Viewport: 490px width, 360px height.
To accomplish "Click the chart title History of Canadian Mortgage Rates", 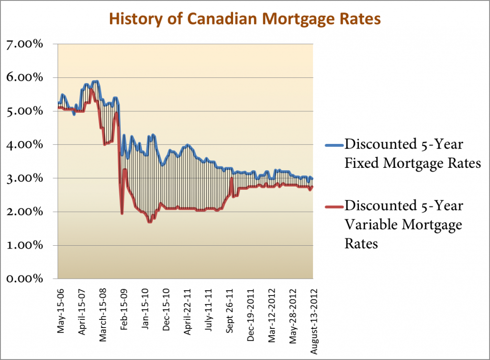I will tap(245, 19).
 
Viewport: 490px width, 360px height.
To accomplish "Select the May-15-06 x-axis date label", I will tap(60, 304).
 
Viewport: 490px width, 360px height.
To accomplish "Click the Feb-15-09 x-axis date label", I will tap(124, 304).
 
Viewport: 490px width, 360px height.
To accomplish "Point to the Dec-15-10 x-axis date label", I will tap(166, 304).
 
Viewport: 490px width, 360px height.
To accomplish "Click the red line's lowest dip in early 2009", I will tap(122, 213).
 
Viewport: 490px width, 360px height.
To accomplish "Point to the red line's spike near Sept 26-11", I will tap(232, 178).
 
